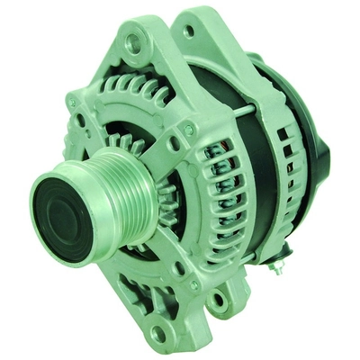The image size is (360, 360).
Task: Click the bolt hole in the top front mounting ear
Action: (x=135, y=41)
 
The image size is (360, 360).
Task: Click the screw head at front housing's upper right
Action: (x=189, y=130)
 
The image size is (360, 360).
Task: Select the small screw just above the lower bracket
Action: (x=179, y=267)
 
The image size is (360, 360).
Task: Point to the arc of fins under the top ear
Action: (x=135, y=90)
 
